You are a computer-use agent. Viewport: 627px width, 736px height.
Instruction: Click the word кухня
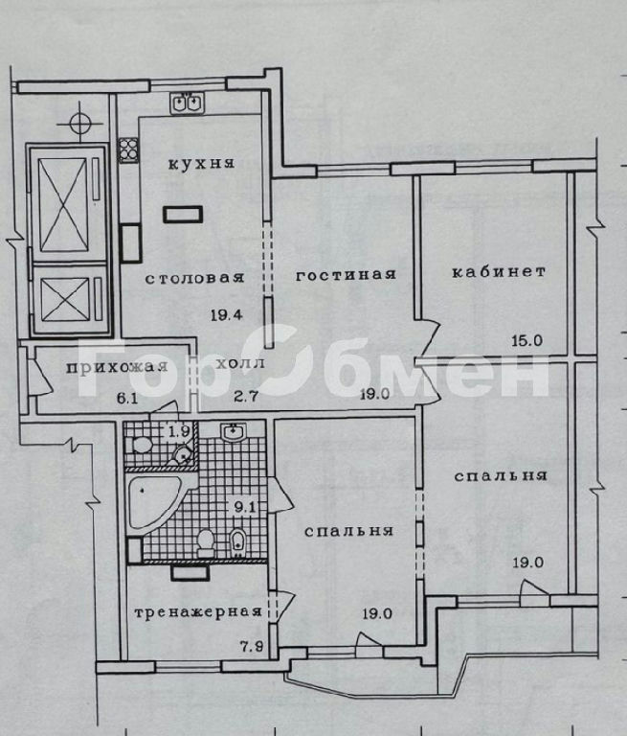201,164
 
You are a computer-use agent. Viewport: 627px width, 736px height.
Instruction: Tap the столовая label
194,278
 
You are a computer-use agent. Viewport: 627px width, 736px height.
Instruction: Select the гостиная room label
347,275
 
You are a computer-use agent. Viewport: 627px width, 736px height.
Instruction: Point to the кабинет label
499,272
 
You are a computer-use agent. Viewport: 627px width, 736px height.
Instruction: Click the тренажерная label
198,612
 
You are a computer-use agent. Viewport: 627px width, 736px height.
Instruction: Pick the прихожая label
117,368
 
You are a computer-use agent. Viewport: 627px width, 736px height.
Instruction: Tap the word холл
240,363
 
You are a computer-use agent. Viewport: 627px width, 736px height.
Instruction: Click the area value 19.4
227,314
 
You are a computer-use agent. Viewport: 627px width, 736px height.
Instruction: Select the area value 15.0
527,340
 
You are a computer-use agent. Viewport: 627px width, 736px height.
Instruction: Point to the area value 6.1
127,399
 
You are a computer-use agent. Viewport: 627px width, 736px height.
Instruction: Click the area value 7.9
252,647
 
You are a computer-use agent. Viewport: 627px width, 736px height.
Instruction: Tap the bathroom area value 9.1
244,507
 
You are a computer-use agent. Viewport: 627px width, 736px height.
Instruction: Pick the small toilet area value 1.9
179,431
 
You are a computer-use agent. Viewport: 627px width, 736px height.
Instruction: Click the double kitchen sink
188,103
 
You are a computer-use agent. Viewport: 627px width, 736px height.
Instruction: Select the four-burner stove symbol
128,149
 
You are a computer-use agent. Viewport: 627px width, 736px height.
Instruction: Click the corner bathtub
153,503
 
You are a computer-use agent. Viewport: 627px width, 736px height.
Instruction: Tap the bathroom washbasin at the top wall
234,432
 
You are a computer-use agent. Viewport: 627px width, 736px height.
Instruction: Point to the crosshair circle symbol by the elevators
79,124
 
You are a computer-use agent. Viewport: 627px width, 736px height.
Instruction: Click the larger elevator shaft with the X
63,205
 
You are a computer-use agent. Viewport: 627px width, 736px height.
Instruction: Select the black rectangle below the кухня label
183,214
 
